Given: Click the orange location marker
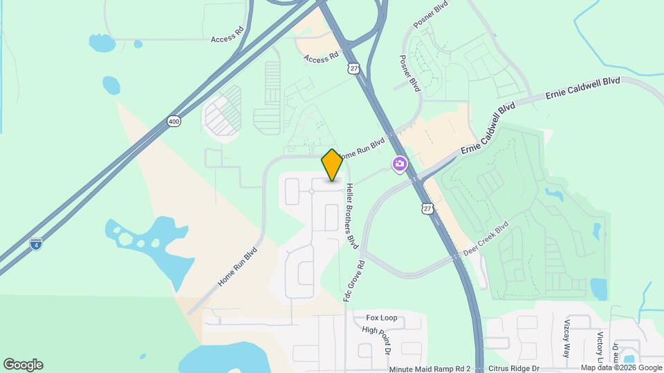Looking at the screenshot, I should [x=333, y=165].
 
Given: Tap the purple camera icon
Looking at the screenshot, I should [x=399, y=164].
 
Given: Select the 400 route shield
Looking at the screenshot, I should [x=174, y=122].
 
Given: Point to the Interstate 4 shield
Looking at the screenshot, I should [x=35, y=243].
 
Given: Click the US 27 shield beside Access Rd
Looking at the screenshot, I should [x=354, y=68].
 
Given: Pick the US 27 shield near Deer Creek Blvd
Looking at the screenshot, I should [x=429, y=209].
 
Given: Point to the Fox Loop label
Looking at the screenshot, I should [x=382, y=318].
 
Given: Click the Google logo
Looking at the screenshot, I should [x=23, y=365].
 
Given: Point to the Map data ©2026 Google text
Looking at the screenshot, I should [x=620, y=368].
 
